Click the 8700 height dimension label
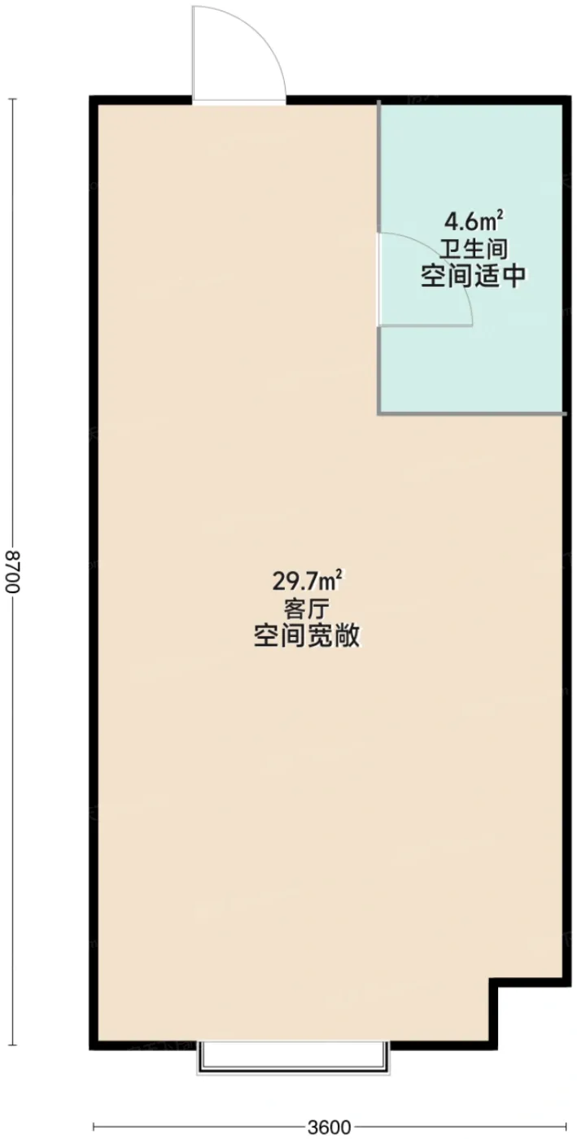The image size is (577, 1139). [12, 570]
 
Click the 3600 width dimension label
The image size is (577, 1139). [330, 1128]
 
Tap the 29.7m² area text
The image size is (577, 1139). [307, 581]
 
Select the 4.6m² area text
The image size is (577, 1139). [474, 221]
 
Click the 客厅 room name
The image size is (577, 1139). [307, 609]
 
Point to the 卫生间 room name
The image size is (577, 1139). [474, 250]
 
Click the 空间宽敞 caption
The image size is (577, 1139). [307, 635]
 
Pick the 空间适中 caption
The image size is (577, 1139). [473, 277]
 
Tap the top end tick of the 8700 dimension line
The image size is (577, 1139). [13, 99]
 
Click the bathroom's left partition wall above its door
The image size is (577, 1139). [379, 167]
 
